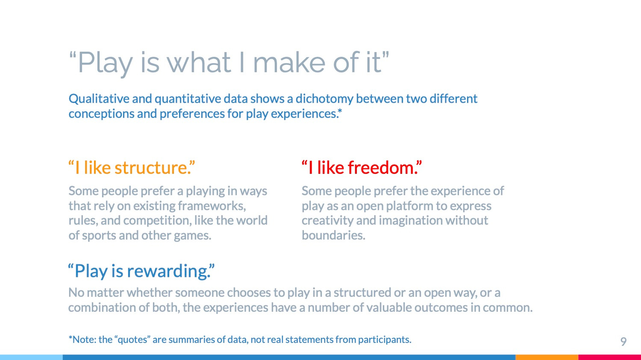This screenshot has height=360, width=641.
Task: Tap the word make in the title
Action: pos(289,62)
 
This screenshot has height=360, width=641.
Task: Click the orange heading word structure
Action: pos(151,168)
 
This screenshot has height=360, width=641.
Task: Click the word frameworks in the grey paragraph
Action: pos(211,206)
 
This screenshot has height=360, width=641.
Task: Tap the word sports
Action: pos(99,236)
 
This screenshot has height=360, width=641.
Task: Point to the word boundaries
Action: pos(333,236)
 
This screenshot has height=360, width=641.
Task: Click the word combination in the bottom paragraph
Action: pos(102,308)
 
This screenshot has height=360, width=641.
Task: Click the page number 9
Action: pos(623,342)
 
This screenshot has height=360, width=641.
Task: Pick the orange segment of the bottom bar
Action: pos(547,357)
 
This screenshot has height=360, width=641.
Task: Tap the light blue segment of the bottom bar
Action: pos(32,357)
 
